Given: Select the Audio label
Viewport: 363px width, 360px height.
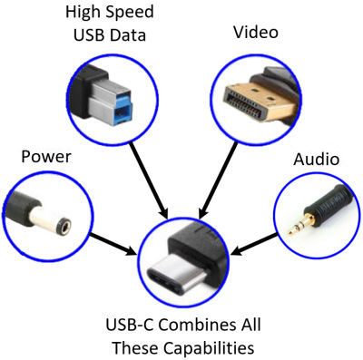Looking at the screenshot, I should pyautogui.click(x=316, y=159).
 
